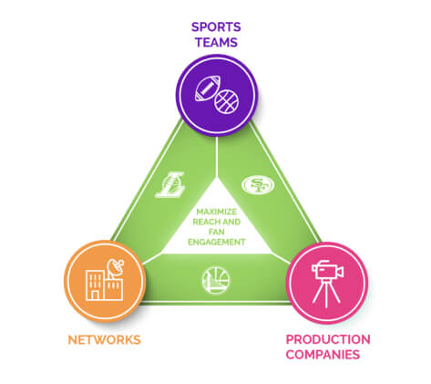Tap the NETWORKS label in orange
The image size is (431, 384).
105,339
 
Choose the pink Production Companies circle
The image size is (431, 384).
327,281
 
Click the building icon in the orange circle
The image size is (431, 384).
99,284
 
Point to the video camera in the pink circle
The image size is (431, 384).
325,269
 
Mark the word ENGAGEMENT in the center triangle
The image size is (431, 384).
216,243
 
